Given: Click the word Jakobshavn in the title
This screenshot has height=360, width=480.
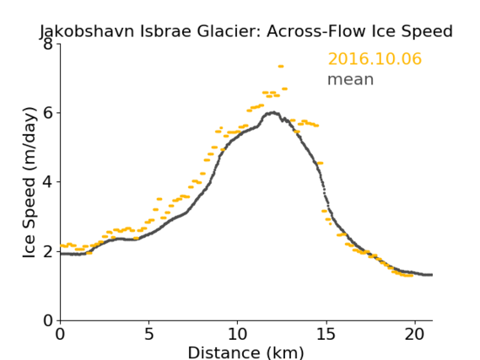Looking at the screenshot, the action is [x=87, y=31].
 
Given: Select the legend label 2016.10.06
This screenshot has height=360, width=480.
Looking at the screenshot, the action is [x=375, y=58].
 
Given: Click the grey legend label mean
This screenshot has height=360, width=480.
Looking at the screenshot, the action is [x=351, y=79].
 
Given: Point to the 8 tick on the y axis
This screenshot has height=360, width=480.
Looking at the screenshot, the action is [x=48, y=44].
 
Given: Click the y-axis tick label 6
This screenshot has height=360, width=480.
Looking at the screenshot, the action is [x=48, y=113].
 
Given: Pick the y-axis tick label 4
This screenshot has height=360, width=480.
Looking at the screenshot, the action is [x=48, y=182].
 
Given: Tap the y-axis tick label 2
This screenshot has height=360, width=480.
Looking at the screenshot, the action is [x=48, y=251].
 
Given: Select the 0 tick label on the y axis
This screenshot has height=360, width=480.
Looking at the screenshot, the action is [x=48, y=320].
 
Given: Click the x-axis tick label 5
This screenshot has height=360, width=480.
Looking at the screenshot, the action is [x=148, y=334].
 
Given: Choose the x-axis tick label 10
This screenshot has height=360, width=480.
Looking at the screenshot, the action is [x=237, y=334].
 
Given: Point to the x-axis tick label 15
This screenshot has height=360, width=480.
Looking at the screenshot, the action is [x=326, y=334].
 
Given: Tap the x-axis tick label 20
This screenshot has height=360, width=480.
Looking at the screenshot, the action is [x=414, y=334].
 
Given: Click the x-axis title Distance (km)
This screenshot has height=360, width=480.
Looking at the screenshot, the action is [x=245, y=352].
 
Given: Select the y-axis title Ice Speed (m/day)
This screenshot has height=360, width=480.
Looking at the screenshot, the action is [x=30, y=182].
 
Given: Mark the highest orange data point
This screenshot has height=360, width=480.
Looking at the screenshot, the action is [x=281, y=67].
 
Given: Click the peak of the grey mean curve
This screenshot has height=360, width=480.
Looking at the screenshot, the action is [x=273, y=113].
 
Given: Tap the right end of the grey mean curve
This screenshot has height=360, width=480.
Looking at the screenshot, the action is [x=432, y=275].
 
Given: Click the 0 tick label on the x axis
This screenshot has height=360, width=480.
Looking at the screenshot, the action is [x=60, y=334].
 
